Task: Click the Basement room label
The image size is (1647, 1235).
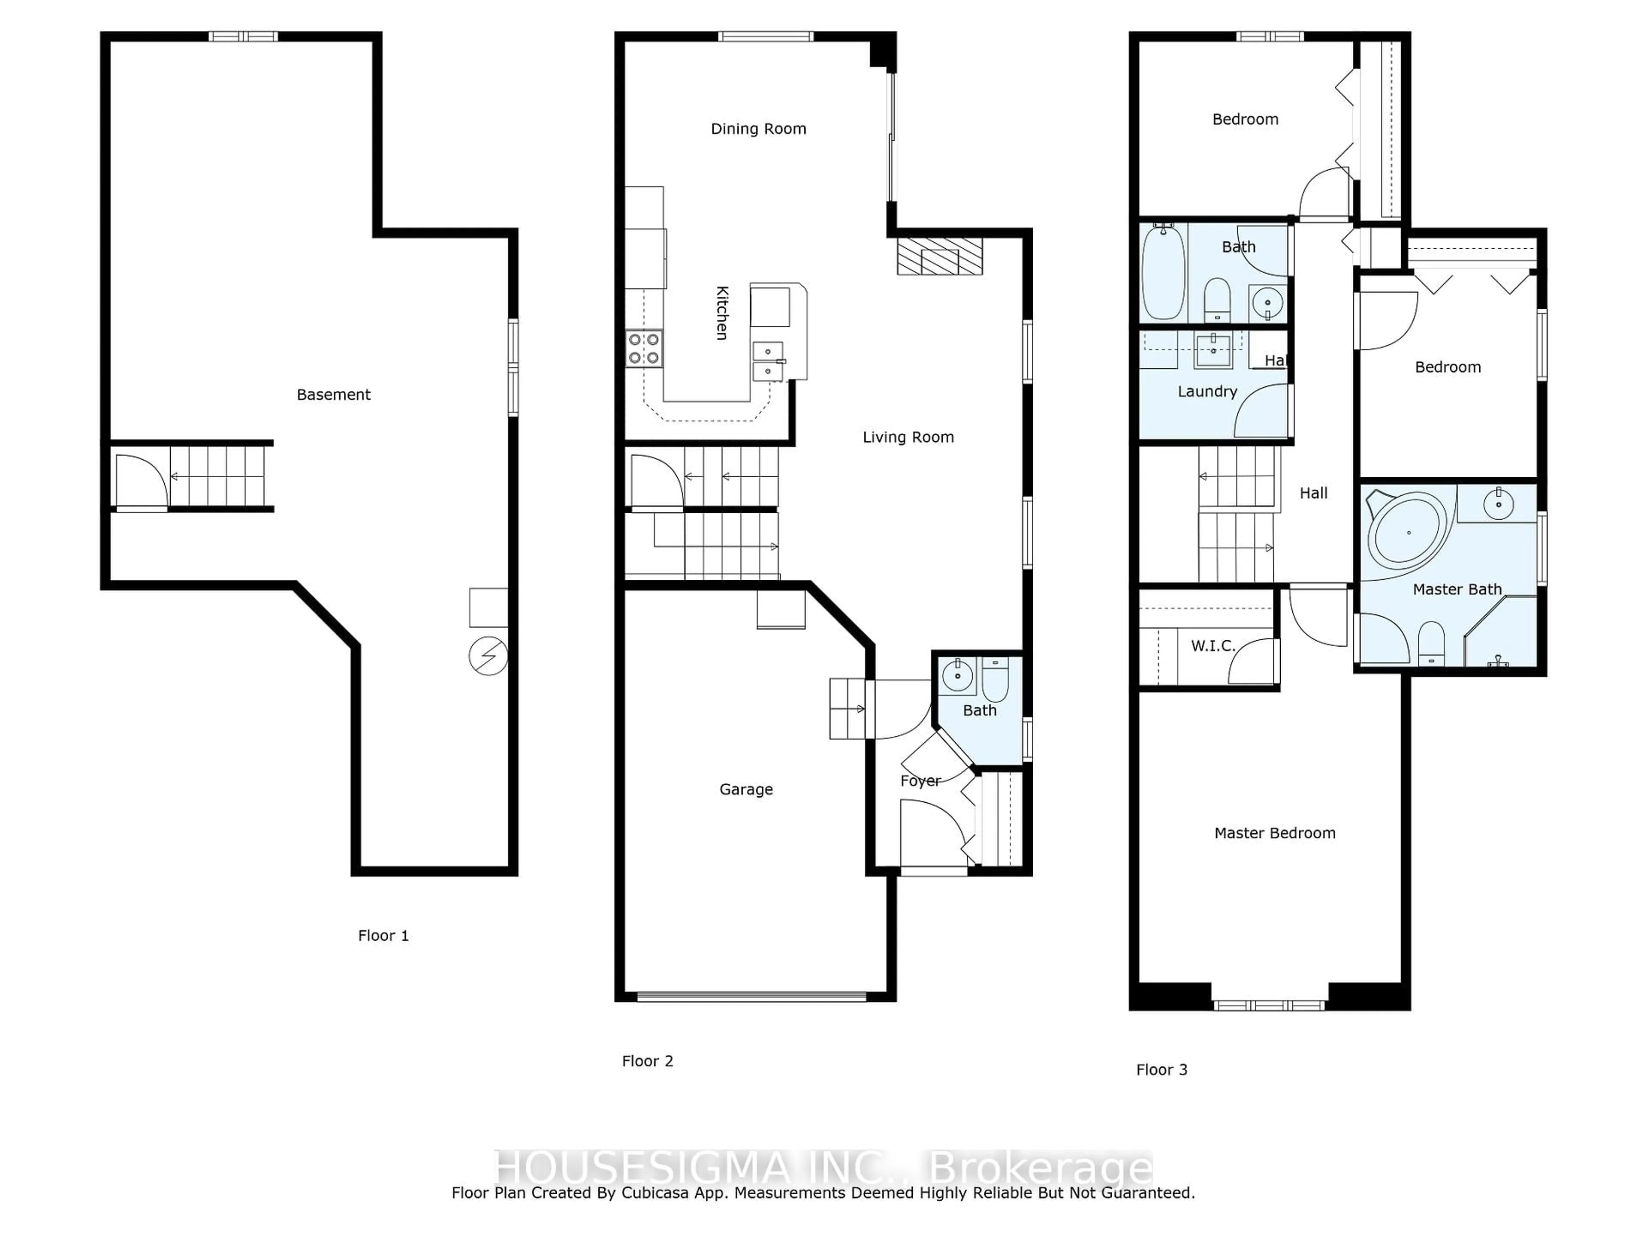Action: point(334,395)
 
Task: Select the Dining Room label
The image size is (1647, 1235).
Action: point(758,129)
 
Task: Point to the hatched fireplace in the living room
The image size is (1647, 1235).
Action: point(940,256)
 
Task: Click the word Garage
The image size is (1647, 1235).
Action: point(746,789)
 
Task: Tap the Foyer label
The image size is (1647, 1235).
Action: point(920,781)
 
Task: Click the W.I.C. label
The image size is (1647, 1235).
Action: point(1213,645)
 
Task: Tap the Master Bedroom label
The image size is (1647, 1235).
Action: point(1275,833)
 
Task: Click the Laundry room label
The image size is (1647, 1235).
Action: point(1207,392)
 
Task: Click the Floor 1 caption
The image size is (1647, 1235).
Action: point(383,936)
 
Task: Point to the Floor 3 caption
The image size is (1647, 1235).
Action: point(1161,1070)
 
